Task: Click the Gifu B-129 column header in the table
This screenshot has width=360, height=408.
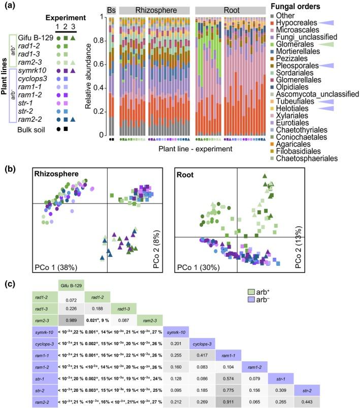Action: tap(71, 285)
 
